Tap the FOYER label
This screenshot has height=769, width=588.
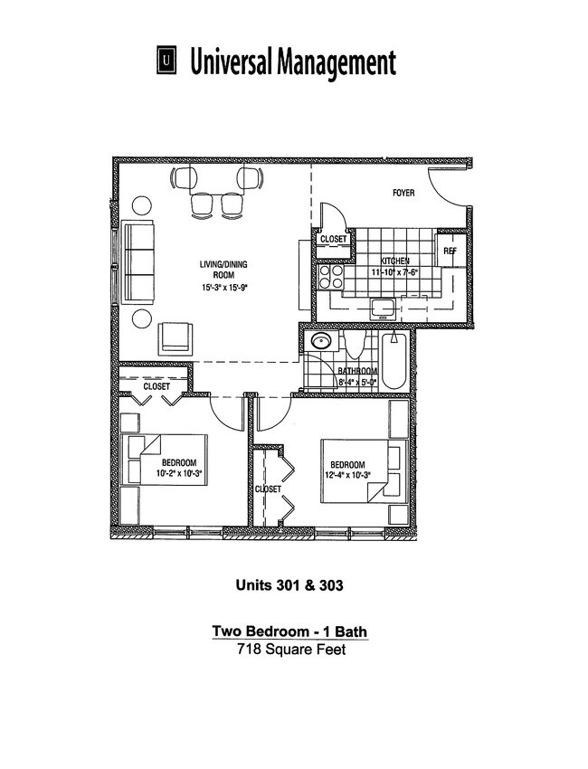tap(403, 193)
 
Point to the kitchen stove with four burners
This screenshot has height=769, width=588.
tap(328, 275)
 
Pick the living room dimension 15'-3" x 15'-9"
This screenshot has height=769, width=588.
tap(223, 289)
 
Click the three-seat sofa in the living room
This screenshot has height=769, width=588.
tap(138, 262)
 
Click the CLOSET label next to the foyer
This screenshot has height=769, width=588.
tap(333, 240)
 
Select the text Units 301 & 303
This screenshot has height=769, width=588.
tap(289, 585)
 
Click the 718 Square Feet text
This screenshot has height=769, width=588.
tap(289, 650)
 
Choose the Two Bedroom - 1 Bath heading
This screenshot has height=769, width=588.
tap(289, 631)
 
